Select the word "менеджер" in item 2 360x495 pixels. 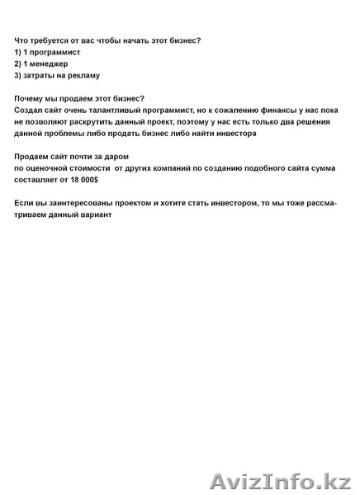pyautogui.click(x=50, y=64)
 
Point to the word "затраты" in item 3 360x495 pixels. pyautogui.click(x=40, y=75)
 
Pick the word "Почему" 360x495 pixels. pyautogui.click(x=31, y=99)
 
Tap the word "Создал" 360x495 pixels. pyautogui.click(x=30, y=110)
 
